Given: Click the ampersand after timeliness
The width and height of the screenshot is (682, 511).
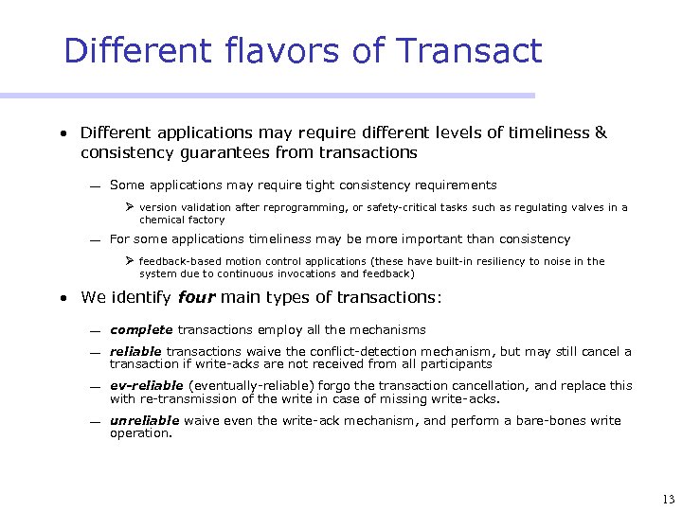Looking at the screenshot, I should (600, 132).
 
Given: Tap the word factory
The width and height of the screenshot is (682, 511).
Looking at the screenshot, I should (206, 220).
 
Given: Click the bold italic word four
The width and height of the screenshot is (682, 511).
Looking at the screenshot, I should (196, 297).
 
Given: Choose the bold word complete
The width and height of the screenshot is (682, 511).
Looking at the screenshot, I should (141, 330).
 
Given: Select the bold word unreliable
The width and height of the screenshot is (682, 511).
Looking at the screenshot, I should (145, 420).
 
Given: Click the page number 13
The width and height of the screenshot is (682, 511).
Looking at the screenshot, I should (669, 499).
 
